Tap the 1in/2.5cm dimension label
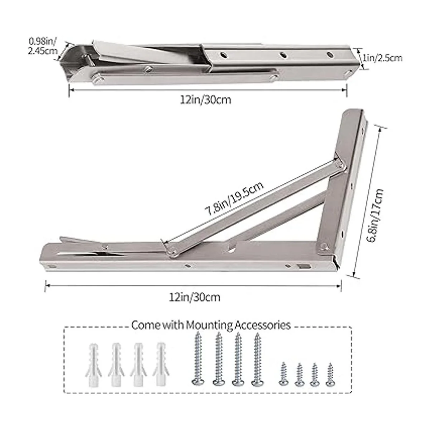[382, 58]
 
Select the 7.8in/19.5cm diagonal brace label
[234, 199]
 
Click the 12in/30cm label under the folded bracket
[206, 100]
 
